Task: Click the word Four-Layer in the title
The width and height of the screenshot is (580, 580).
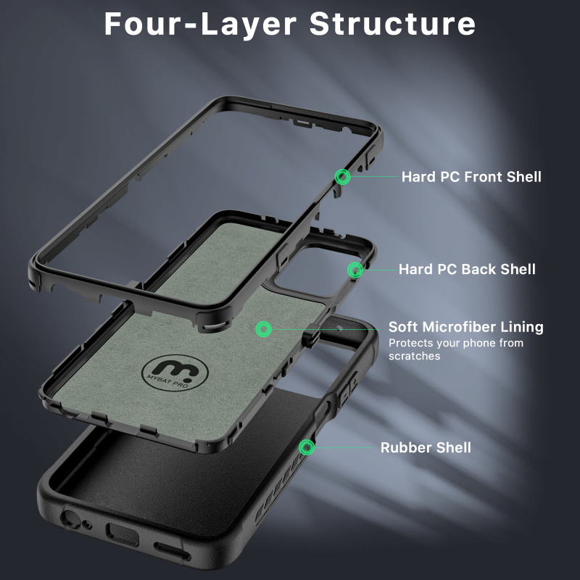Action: [201, 24]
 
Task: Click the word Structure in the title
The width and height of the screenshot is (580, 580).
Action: [392, 24]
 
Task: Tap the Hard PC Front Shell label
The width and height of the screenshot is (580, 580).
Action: [471, 177]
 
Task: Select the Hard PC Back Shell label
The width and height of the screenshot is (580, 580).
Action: [467, 269]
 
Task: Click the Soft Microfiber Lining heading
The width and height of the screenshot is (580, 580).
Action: [465, 327]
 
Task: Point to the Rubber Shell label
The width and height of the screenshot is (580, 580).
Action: [426, 447]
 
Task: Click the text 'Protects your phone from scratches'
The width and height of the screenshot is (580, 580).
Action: [456, 349]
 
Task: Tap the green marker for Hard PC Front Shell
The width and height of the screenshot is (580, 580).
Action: [342, 177]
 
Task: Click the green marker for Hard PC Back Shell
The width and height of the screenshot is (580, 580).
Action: [355, 270]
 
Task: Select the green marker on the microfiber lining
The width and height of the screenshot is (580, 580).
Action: [263, 329]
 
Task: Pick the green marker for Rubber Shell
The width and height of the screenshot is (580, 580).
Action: [307, 447]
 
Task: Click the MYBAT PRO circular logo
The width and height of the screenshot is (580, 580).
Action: [175, 373]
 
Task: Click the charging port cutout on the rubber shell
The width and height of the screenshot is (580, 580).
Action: [122, 534]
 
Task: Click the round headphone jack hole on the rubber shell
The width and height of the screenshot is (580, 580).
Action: [70, 518]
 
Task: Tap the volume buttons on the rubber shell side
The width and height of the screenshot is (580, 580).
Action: [349, 388]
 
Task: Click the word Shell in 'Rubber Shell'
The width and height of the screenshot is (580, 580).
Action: [454, 447]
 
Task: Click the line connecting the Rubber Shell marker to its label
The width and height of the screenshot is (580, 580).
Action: [344, 447]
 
